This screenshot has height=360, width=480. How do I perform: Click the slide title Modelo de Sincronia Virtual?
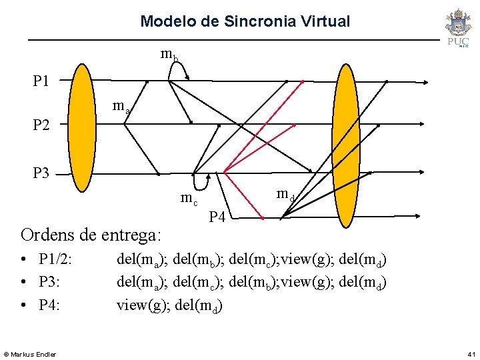point(245,21)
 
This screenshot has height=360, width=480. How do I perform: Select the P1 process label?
point(41,81)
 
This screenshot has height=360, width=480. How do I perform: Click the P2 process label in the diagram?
point(41,125)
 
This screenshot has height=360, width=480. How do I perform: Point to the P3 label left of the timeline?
point(41,173)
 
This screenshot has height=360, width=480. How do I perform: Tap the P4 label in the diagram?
point(217,216)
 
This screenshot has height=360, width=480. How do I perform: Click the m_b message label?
point(169,55)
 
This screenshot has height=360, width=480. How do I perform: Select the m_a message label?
point(121,106)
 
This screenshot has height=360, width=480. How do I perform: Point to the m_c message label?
point(189,198)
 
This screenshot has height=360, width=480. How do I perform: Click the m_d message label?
point(286,195)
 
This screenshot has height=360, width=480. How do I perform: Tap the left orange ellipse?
point(83,127)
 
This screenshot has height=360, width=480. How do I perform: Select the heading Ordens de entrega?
point(91,235)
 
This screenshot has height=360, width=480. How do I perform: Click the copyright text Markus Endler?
point(31,353)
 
